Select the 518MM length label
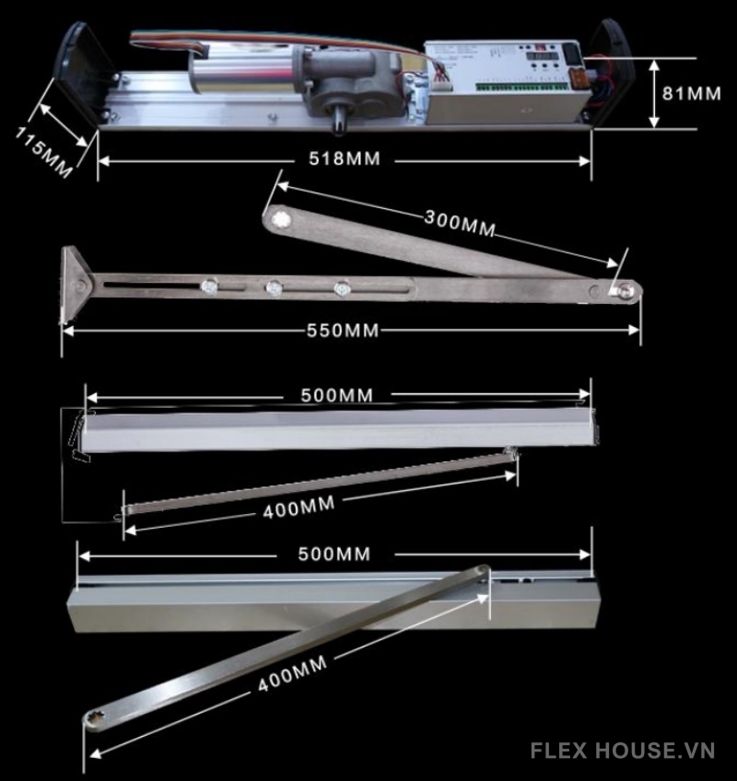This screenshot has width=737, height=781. click(343, 159)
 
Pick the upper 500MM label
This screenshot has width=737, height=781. click(337, 395)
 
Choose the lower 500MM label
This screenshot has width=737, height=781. click(334, 554)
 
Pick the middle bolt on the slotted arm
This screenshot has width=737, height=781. click(274, 288)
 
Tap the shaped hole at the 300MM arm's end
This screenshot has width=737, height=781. click(279, 219)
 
